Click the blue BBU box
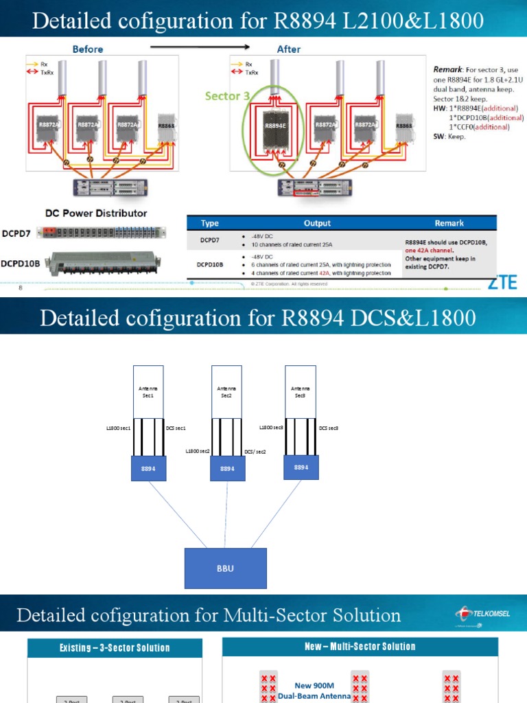coord(225,568)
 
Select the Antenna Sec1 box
coord(148,391)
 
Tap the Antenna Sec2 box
coord(226,391)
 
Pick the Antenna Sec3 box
coord(301,391)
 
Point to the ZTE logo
coord(502,283)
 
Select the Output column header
coord(317,223)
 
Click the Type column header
coord(209,223)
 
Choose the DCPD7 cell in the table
coord(209,239)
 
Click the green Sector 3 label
coord(227,96)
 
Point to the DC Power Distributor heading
coord(96,213)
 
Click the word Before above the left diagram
coord(88,49)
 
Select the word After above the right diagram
coord(289,49)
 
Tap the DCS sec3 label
coord(329,428)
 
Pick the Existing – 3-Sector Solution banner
coord(115,647)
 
